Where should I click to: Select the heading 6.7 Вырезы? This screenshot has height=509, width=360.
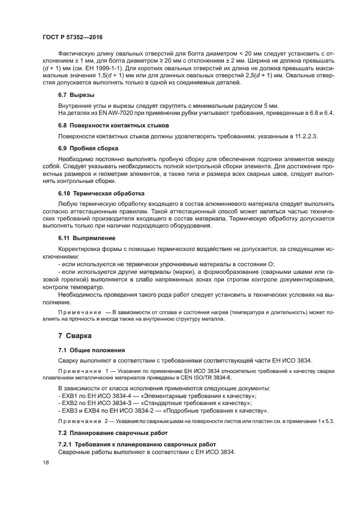coord(76,95)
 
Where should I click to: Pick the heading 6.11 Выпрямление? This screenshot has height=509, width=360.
coord(87,238)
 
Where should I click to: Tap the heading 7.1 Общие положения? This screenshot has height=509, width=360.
coord(91,349)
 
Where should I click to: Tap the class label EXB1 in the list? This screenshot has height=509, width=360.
coord(70,395)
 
